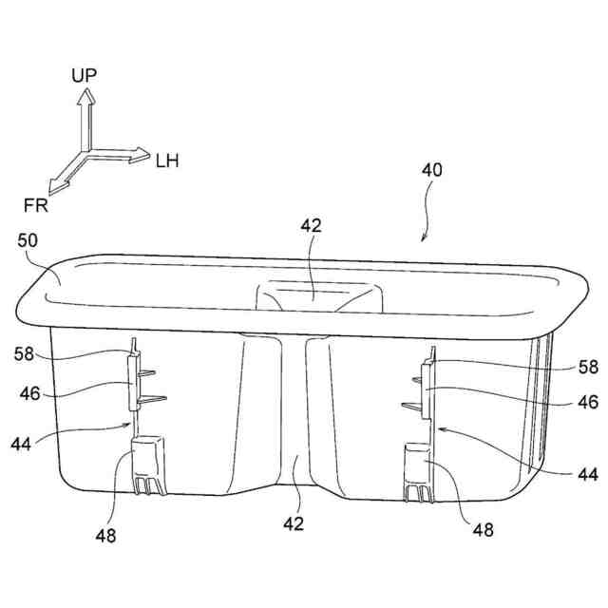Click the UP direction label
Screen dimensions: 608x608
[84, 75]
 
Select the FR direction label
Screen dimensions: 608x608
[35, 202]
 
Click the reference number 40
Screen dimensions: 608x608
[431, 171]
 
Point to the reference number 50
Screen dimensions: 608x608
[28, 241]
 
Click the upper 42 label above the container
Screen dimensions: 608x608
[311, 225]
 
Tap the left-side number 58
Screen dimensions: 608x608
[26, 354]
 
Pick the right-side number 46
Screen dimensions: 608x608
[589, 402]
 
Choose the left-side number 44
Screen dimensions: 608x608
[27, 443]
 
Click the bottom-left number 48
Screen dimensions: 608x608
[105, 536]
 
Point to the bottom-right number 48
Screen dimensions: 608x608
[483, 530]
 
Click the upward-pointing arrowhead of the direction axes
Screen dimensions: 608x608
[84, 95]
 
